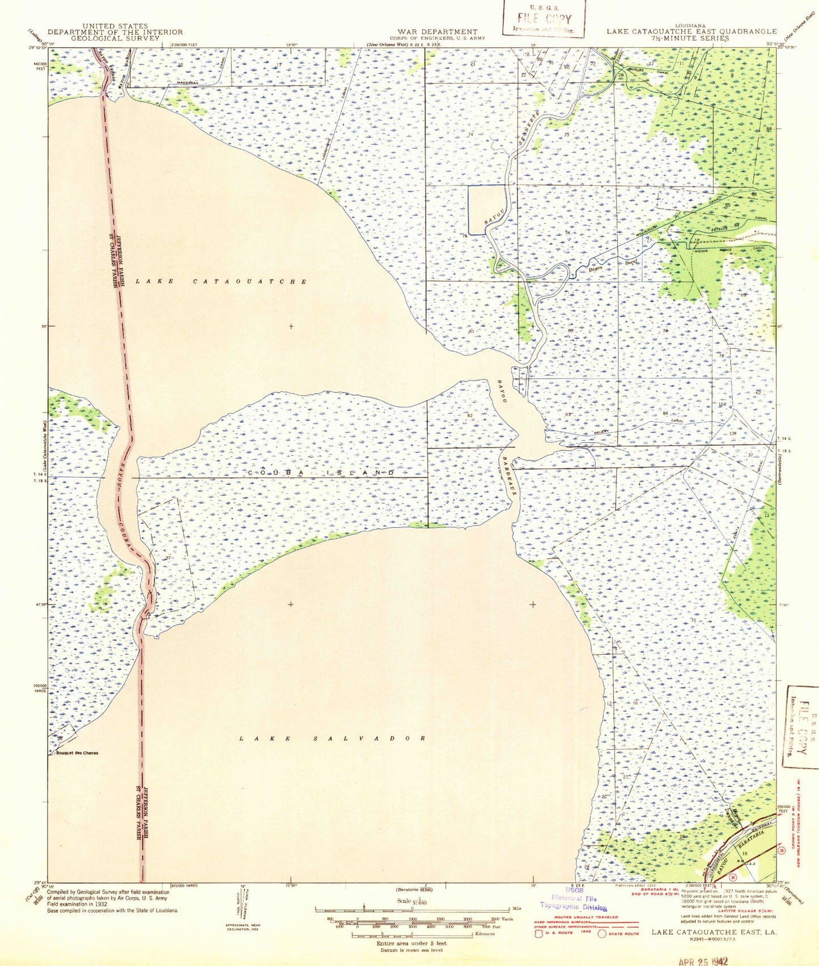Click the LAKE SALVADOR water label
[332, 738]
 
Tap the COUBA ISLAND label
[321, 472]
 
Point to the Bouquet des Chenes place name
[77, 753]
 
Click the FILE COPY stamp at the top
[544, 19]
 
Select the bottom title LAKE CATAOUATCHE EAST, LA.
[714, 932]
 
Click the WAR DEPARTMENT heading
[437, 32]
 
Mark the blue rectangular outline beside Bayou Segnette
[486, 209]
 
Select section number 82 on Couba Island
[469, 415]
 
